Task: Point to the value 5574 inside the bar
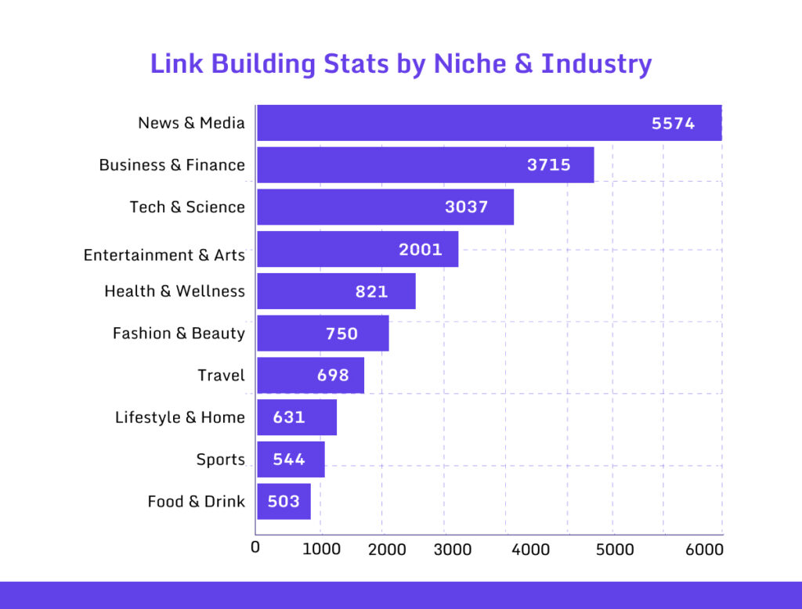click(x=673, y=123)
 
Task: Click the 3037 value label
click(x=466, y=207)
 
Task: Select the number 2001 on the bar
click(x=421, y=250)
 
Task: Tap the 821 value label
click(x=371, y=292)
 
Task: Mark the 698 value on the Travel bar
click(x=333, y=375)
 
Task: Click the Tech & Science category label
click(x=187, y=207)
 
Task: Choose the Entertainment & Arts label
click(x=164, y=255)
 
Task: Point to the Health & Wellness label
click(x=175, y=291)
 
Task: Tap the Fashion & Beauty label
click(x=179, y=333)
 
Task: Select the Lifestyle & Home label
click(x=180, y=417)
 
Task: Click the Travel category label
click(x=221, y=376)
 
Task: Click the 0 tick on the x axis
click(x=255, y=547)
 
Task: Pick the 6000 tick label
click(x=704, y=550)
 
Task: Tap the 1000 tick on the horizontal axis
click(x=321, y=550)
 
